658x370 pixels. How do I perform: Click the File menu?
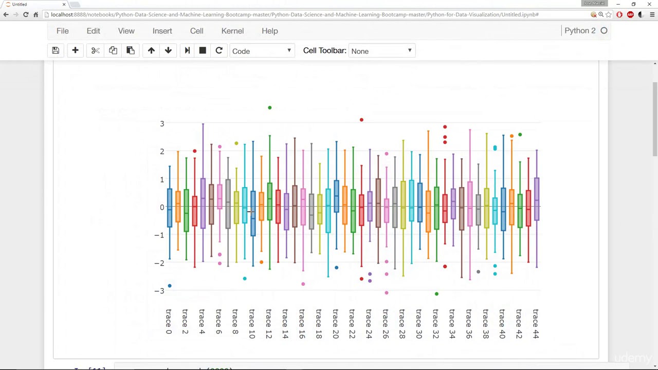click(62, 31)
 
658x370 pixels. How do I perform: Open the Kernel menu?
click(232, 31)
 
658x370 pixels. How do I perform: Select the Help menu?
click(269, 31)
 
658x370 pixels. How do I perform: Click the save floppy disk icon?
click(56, 50)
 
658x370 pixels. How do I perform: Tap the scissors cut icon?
click(95, 50)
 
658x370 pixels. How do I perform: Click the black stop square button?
click(203, 50)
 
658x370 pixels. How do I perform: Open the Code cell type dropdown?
click(261, 51)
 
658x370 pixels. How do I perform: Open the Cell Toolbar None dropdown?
click(381, 51)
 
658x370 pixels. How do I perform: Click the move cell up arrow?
click(151, 50)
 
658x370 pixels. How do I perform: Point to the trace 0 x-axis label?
click(169, 322)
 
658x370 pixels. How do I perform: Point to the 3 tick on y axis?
click(162, 124)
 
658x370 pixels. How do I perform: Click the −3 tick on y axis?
click(160, 291)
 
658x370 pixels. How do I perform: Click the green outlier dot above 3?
click(269, 107)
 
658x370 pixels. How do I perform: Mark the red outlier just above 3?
click(361, 120)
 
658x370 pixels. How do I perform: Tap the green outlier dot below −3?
click(436, 294)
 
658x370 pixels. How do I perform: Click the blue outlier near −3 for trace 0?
click(170, 286)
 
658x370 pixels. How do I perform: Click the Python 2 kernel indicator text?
click(580, 31)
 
